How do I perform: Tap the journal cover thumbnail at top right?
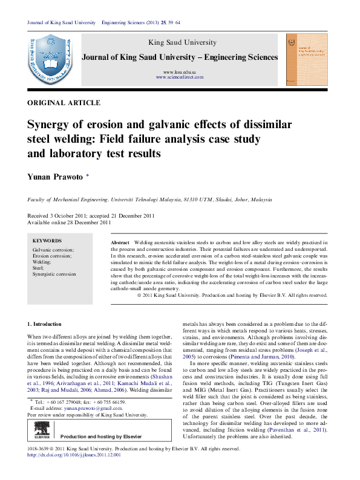coord(306,59)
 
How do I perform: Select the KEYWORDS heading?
coord(47,240)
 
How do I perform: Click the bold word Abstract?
coord(120,242)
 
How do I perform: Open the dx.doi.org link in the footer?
coord(74,455)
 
